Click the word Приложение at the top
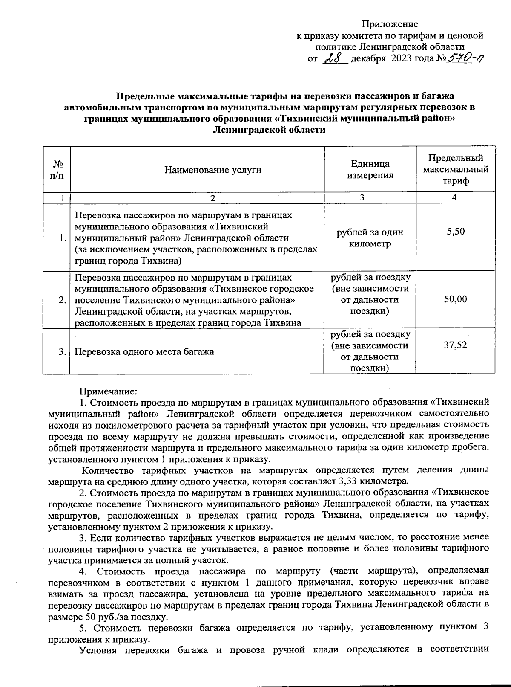coord(390,24)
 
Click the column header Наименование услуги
coord(213,170)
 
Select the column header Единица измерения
coord(370,169)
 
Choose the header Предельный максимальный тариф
coord(455,169)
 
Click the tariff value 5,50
coord(455,232)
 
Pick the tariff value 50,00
coord(455,299)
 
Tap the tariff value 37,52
coord(455,345)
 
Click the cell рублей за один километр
coord(370,238)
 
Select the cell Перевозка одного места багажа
coord(144,352)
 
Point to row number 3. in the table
coord(62,352)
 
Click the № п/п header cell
coord(57,170)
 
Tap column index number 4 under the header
coord(455,198)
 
